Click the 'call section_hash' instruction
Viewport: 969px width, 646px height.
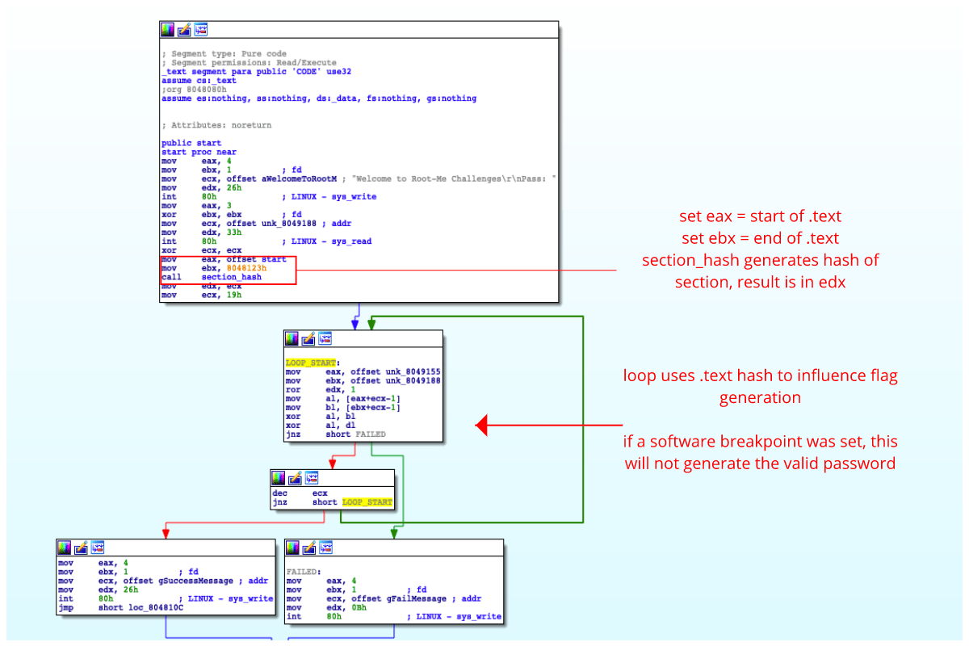212,277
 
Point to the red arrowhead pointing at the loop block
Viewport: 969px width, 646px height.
482,425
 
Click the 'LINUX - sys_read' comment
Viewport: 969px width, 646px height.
327,241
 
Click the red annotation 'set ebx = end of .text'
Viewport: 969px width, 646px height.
760,238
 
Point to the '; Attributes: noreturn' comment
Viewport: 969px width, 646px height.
216,125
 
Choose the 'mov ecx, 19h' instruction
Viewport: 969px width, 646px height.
201,295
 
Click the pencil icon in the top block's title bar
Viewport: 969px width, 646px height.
184,29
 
